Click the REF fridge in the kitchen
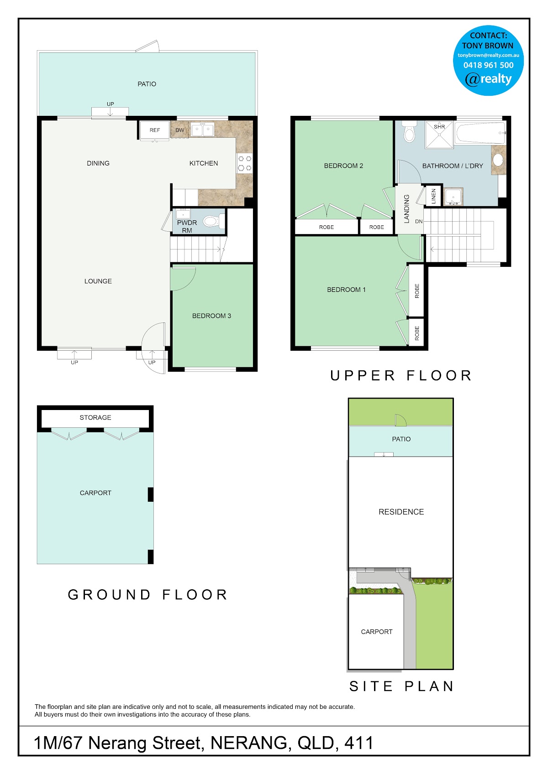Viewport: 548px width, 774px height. pyautogui.click(x=155, y=130)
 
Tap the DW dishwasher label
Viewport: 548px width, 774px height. pyautogui.click(x=179, y=130)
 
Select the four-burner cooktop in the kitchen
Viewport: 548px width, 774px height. pyautogui.click(x=245, y=163)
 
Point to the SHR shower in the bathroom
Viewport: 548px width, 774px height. pyautogui.click(x=439, y=135)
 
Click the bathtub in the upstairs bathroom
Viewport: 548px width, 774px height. pyautogui.click(x=480, y=132)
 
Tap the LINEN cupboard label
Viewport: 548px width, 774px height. pyautogui.click(x=433, y=196)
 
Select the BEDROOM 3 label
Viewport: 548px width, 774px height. pyautogui.click(x=211, y=316)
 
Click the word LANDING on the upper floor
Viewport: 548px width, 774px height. pyautogui.click(x=406, y=209)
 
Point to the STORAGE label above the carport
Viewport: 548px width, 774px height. pyautogui.click(x=95, y=417)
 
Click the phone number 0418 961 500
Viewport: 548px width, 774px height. pyautogui.click(x=488, y=65)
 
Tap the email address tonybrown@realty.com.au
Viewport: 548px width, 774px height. pyautogui.click(x=488, y=55)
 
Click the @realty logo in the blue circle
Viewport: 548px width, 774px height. pyautogui.click(x=488, y=79)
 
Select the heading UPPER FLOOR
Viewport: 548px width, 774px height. pyautogui.click(x=401, y=375)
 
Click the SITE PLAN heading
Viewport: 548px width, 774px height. pyautogui.click(x=401, y=686)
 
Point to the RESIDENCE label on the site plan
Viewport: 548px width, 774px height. pyautogui.click(x=401, y=512)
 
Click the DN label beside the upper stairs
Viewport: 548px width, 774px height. pyautogui.click(x=419, y=222)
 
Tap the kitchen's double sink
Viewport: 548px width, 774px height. pyautogui.click(x=202, y=130)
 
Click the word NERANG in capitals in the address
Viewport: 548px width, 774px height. pyautogui.click(x=249, y=743)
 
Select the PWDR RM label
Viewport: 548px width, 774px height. pyautogui.click(x=187, y=226)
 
